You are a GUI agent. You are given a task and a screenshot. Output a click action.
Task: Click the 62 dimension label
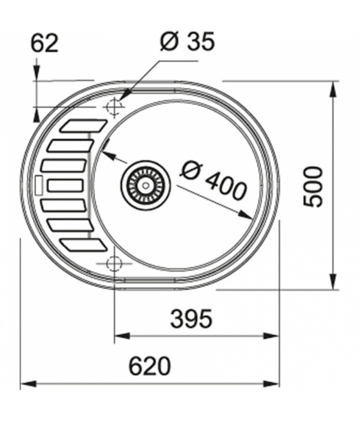44,44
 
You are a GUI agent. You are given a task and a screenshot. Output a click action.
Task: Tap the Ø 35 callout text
187,41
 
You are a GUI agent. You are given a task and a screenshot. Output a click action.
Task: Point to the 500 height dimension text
313,187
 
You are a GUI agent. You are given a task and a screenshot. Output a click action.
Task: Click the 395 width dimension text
191,318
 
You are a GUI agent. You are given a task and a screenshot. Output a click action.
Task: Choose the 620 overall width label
149,366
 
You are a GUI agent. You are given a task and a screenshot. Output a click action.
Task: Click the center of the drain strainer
146,185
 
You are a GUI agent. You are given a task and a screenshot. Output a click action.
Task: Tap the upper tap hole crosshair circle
114,107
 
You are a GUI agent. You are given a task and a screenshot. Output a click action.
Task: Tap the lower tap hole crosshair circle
114,263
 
